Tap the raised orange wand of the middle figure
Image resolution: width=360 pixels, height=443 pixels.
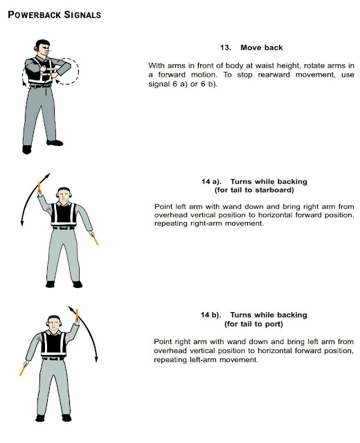click(x=42, y=186)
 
